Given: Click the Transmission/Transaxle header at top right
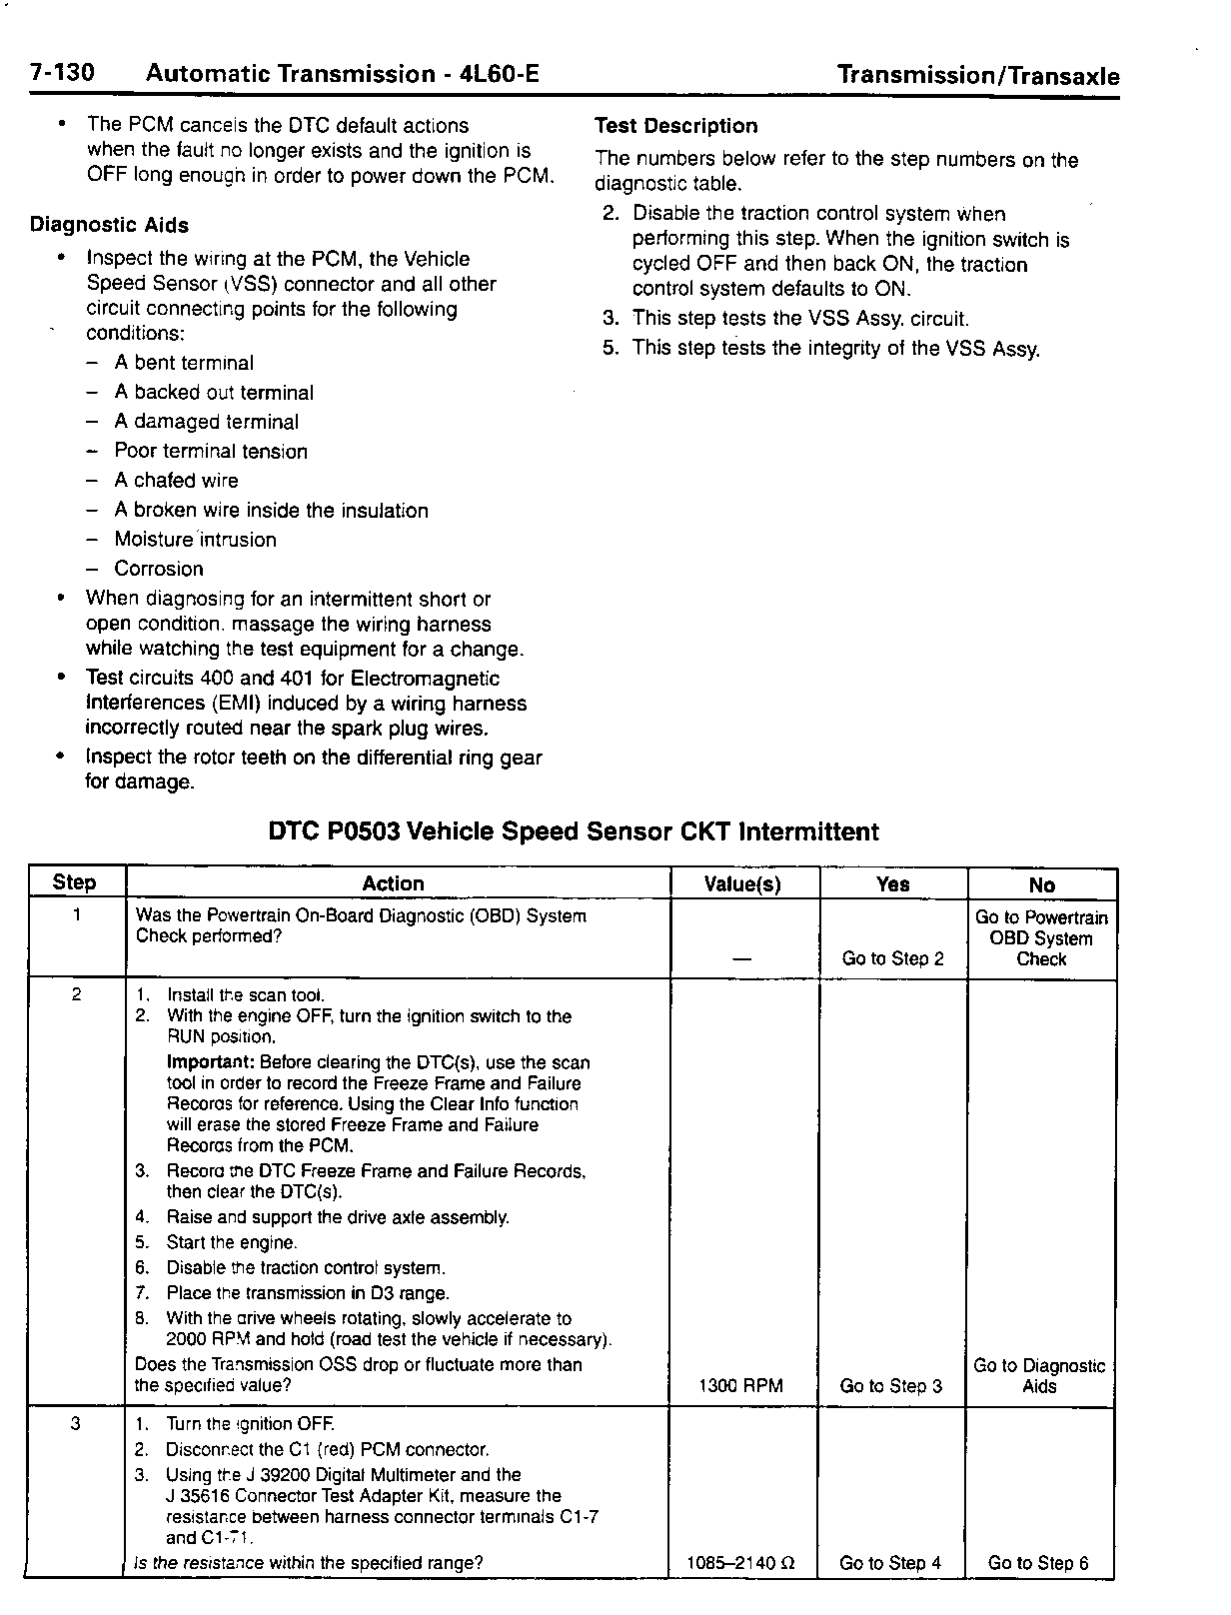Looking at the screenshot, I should coord(977,76).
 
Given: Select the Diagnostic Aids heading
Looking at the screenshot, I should coord(109,225).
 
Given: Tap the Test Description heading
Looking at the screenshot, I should coord(675,126).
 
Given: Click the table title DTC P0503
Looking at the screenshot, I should coord(574,831).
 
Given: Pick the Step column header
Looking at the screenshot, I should coord(75,882).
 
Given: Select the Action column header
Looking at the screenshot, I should coord(393,883).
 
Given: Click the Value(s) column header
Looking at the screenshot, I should coord(742,884).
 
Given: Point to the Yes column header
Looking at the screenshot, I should coord(892,884).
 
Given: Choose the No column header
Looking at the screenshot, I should coord(1041,884).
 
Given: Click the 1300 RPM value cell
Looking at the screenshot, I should coord(741,1386).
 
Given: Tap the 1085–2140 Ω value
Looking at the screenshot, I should coord(741,1563).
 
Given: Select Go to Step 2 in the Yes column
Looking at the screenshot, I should coord(892,959).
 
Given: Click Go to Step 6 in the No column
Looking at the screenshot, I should coord(1038,1563).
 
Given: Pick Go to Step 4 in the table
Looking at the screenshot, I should coord(890,1563).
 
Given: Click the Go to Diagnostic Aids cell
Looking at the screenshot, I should coord(1039,1376).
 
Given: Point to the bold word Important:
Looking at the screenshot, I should coord(210,1062).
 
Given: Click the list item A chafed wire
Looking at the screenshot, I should coord(176,481).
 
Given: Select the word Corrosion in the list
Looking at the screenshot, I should coord(158,569).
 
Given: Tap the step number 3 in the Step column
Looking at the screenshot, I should coord(76,1424).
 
